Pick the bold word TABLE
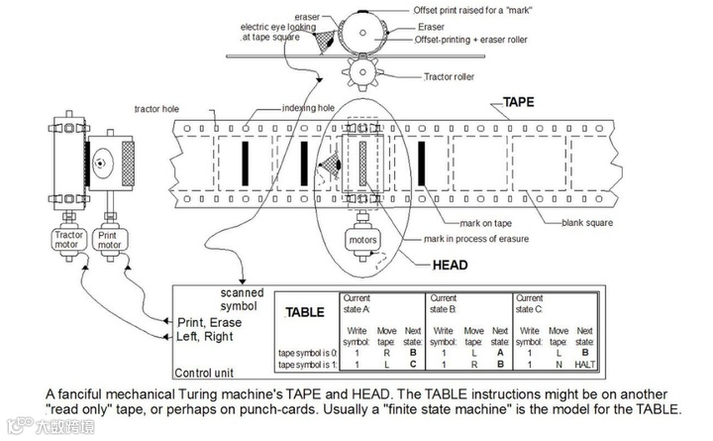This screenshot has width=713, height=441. [x=304, y=312]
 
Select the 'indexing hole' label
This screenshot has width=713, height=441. [x=307, y=108]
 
